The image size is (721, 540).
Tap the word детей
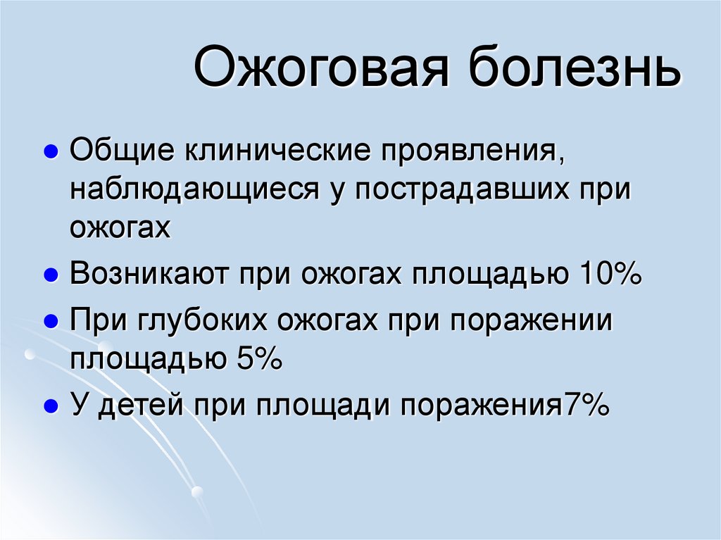(134, 406)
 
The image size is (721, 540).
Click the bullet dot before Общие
(50, 153)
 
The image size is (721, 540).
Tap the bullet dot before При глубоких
(50, 322)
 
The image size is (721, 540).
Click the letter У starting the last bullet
(79, 406)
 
